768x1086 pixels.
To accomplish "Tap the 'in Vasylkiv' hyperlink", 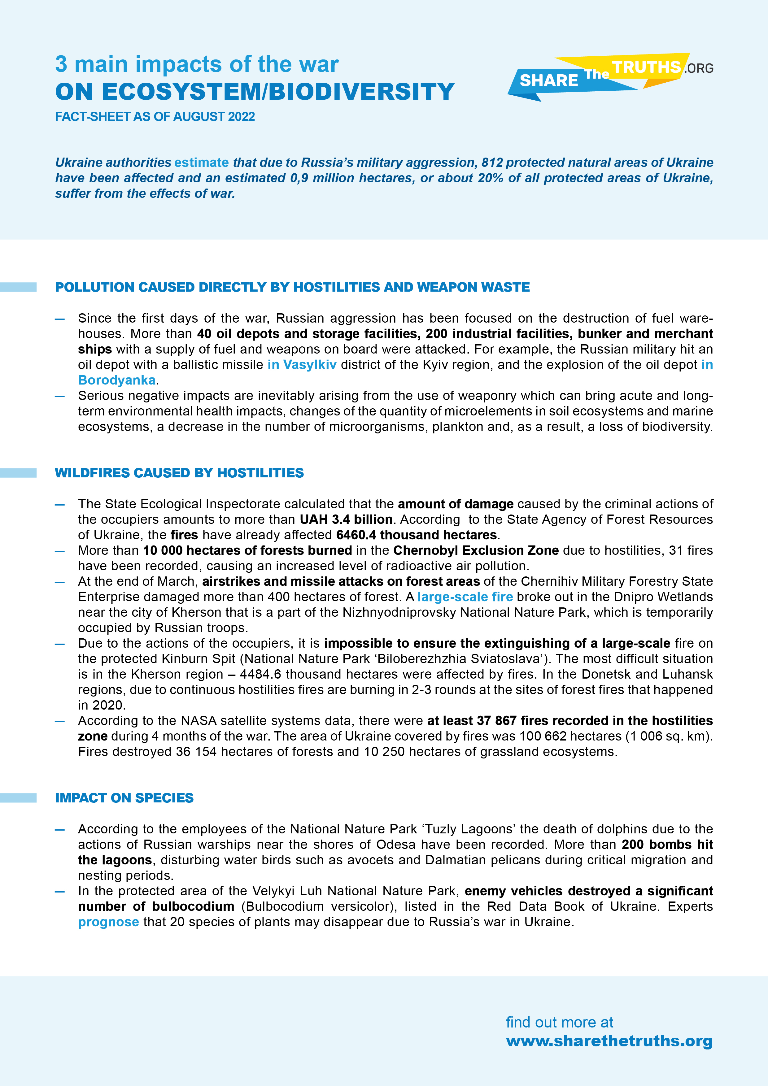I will pyautogui.click(x=302, y=365).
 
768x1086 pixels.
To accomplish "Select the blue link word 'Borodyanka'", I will pyautogui.click(x=117, y=380).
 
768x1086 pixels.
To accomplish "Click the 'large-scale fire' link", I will pyautogui.click(x=465, y=597).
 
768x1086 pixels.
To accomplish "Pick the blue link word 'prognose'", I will pyautogui.click(x=108, y=922).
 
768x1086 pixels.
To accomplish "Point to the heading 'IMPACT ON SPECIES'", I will pyautogui.click(x=124, y=798).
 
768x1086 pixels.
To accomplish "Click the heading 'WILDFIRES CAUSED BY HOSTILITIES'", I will pyautogui.click(x=179, y=473).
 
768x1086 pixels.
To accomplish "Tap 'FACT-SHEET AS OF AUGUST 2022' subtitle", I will pyautogui.click(x=155, y=117).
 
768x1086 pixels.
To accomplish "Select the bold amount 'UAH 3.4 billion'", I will pyautogui.click(x=346, y=519).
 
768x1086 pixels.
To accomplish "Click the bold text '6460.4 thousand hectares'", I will pyautogui.click(x=417, y=535).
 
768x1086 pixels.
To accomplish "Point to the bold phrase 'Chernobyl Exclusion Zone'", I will pyautogui.click(x=476, y=550).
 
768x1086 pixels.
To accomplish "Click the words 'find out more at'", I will pyautogui.click(x=559, y=1022).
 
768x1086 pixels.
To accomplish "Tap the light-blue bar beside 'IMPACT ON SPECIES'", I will pyautogui.click(x=18, y=798).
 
